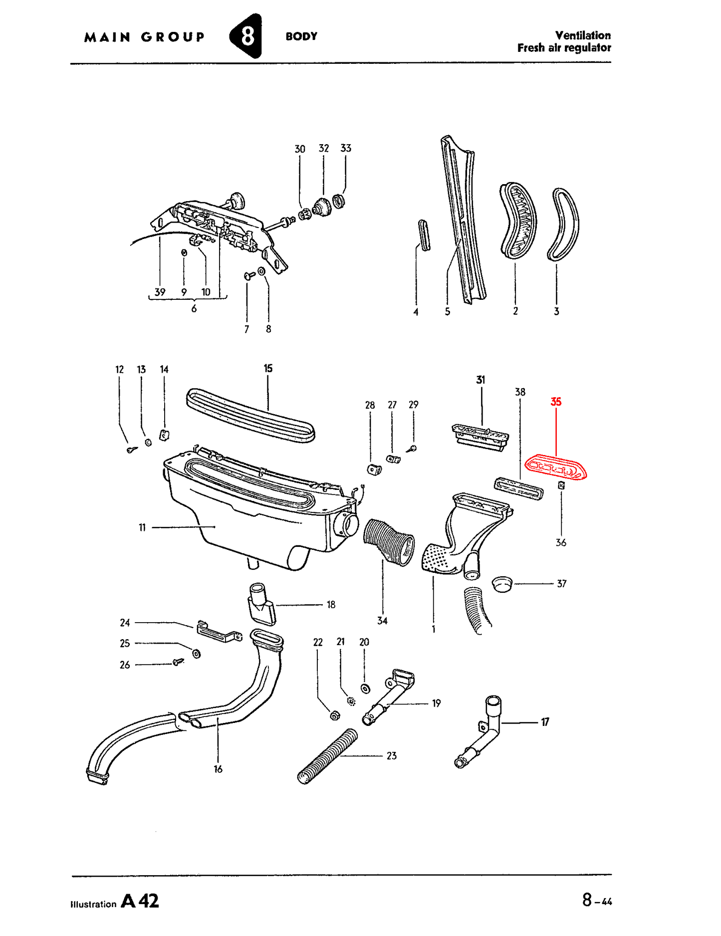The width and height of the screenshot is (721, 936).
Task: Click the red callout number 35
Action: coord(555,402)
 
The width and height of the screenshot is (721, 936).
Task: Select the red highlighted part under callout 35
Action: coord(555,468)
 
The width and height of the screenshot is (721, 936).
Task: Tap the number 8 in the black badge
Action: coord(247,36)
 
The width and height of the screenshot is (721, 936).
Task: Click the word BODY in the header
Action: coord(301,36)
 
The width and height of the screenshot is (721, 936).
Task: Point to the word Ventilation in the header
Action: coord(583,35)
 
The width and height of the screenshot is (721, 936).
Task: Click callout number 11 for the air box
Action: coord(142,527)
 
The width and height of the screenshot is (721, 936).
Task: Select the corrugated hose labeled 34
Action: coord(389,542)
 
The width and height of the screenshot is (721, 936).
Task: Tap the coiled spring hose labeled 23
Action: coord(328,756)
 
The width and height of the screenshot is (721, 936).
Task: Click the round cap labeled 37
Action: coord(502,583)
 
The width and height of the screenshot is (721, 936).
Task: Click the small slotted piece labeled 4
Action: coord(424,235)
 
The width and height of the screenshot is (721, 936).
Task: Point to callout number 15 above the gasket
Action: coord(268,368)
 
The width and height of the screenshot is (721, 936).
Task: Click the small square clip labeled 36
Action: coord(561,485)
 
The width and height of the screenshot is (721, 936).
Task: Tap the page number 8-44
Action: coord(597,901)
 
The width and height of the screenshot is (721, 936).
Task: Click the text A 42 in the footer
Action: coord(140,901)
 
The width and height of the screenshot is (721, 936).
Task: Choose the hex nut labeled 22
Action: coord(335,715)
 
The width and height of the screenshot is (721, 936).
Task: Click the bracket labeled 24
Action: coord(220,632)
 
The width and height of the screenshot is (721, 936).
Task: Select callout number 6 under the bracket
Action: coord(194,309)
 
